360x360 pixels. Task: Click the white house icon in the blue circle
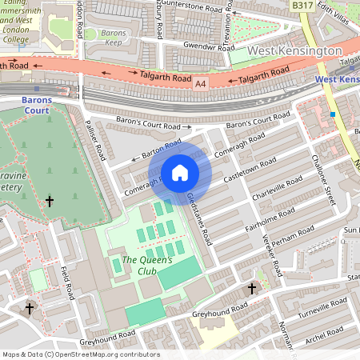(x=180, y=172)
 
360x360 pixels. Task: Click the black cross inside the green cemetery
(x=50, y=202)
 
